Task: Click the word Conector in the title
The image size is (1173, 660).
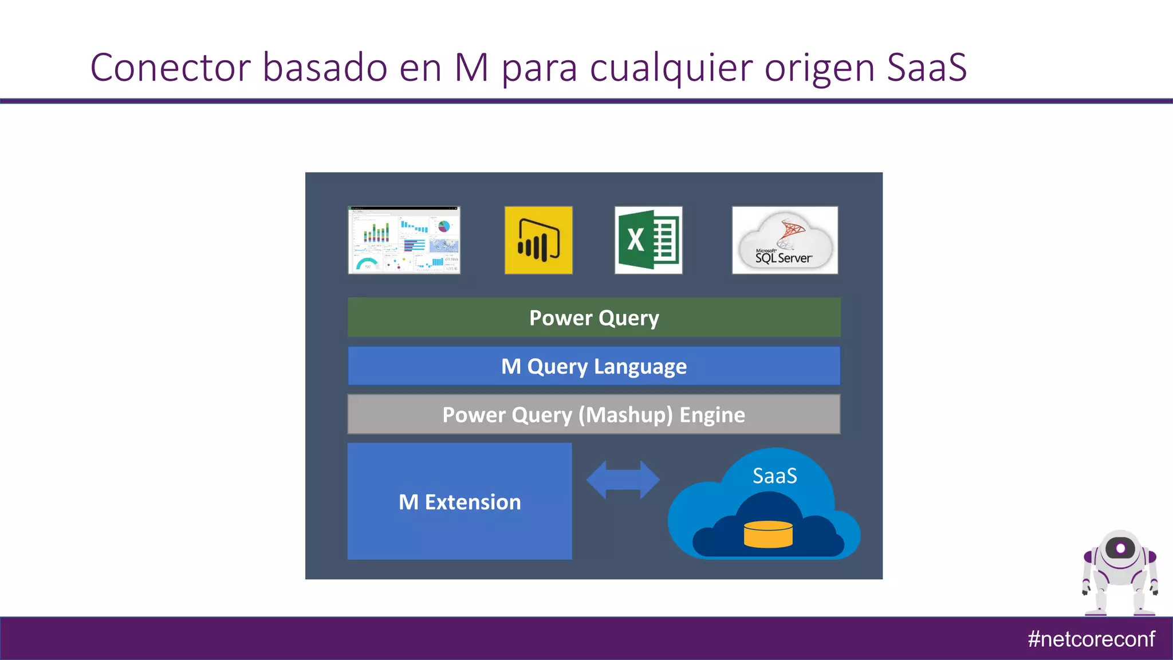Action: [x=171, y=68]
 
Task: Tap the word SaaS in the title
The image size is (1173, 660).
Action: [x=927, y=68]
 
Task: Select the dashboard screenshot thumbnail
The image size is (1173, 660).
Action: [x=404, y=240]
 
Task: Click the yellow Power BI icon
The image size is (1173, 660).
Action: [x=538, y=240]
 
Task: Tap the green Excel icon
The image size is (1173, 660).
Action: [x=648, y=240]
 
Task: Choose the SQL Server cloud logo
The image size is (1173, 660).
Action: [x=785, y=240]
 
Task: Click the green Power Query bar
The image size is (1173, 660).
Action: [x=594, y=317]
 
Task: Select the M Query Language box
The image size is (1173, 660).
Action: [x=594, y=366]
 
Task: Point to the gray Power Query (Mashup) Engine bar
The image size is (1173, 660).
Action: [x=594, y=414]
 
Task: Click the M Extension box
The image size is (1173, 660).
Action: [x=459, y=501]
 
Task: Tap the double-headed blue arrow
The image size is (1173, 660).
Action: [x=623, y=480]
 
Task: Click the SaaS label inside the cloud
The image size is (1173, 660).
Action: [x=774, y=476]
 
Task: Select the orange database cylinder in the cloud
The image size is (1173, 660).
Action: [x=768, y=534]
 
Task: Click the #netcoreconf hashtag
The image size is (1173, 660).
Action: [x=1091, y=639]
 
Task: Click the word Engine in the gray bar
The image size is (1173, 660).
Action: [x=712, y=415]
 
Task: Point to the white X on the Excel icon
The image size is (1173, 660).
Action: [x=635, y=239]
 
